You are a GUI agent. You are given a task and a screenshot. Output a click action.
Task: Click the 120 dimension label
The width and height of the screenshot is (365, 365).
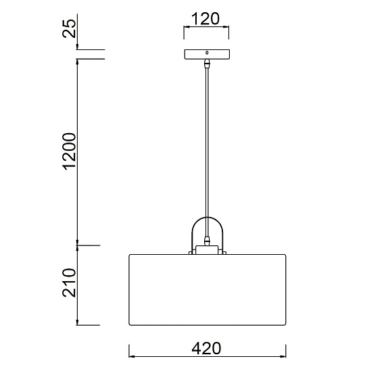(205, 19)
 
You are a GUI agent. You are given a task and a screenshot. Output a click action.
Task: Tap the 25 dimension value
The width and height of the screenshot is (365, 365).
(69, 28)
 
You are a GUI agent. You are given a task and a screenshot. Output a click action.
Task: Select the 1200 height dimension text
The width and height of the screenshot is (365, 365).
(69, 151)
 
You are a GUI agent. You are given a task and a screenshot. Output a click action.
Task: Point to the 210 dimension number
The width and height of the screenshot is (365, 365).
(69, 283)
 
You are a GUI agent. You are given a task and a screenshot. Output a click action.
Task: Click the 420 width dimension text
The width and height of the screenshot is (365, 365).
(206, 348)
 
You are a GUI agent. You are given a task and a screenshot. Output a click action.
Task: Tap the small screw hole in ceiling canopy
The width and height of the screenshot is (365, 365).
(207, 53)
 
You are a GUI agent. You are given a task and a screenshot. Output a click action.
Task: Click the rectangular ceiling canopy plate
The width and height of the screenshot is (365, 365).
(207, 54)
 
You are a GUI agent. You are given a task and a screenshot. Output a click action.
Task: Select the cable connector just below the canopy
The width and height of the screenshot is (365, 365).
(207, 64)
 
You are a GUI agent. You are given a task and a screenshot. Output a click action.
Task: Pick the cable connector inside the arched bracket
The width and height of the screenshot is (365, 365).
(207, 241)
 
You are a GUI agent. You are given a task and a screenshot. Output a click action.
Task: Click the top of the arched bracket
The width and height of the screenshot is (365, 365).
(207, 218)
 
